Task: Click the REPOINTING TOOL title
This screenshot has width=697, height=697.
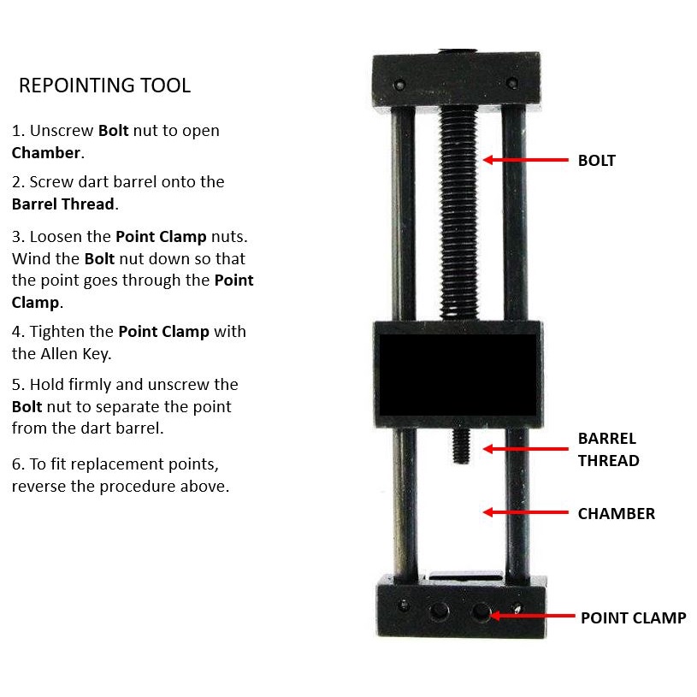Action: point(105,86)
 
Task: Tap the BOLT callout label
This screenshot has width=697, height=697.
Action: point(597,161)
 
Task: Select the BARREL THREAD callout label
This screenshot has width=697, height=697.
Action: point(609,449)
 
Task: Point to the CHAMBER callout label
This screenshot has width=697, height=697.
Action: point(616,513)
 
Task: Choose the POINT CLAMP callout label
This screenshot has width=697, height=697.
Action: point(634,617)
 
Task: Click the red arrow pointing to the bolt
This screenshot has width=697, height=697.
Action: point(525,160)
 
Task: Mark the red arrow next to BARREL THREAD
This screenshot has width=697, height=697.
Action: point(525,449)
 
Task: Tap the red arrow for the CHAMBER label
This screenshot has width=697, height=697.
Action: point(525,512)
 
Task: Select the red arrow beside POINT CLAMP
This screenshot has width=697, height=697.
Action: point(532,616)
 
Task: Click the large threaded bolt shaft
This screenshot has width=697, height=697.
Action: point(458,213)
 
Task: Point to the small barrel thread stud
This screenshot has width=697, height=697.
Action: point(461,446)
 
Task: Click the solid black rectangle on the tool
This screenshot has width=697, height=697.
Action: point(458,375)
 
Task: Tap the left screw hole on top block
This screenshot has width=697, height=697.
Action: point(399,85)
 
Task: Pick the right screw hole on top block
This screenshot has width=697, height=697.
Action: point(511,83)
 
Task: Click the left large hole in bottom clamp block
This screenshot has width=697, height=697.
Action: point(439,611)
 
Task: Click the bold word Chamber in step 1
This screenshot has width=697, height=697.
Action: point(46,153)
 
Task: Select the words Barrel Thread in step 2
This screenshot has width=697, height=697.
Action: point(63,204)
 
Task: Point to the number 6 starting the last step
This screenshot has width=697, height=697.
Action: point(16,464)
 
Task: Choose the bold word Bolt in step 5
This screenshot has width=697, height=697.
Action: point(27,407)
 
